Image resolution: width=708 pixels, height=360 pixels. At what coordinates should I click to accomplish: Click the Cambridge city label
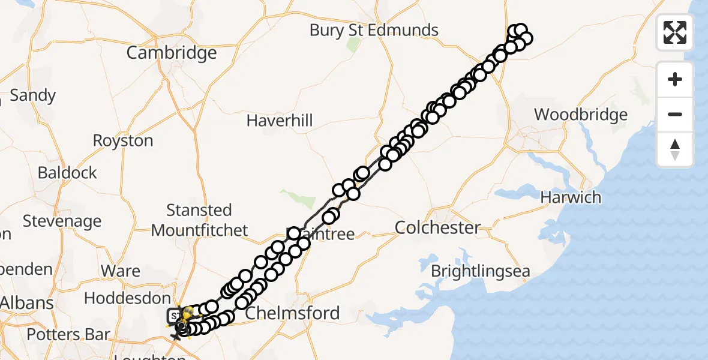click(171, 53)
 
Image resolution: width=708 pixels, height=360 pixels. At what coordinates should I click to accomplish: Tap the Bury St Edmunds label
click(374, 30)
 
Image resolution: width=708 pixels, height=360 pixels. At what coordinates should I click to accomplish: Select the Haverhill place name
click(280, 121)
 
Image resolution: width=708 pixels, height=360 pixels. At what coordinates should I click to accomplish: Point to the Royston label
click(123, 140)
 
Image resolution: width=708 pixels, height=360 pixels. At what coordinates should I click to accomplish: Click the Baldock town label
click(67, 173)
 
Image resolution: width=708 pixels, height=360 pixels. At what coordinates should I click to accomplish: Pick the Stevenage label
click(62, 221)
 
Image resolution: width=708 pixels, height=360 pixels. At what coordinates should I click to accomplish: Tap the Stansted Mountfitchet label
click(199, 220)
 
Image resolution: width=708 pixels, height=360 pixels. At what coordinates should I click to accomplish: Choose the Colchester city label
click(438, 228)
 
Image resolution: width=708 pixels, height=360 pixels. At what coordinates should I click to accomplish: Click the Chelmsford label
click(292, 313)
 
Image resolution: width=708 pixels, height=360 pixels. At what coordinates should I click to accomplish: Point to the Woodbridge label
click(581, 114)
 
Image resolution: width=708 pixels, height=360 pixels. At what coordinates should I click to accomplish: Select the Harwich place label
click(571, 197)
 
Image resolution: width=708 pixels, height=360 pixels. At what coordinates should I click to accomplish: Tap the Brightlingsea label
click(481, 271)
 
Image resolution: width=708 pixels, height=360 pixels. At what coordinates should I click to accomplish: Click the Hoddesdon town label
click(127, 298)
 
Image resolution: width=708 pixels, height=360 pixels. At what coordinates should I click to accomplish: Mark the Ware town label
click(121, 271)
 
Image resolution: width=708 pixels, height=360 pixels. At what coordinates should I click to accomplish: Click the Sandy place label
click(33, 95)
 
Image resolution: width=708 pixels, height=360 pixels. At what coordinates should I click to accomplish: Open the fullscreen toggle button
click(675, 32)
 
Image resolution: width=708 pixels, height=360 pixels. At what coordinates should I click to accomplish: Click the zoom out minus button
click(675, 114)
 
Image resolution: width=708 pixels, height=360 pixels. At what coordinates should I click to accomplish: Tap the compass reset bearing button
click(675, 149)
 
